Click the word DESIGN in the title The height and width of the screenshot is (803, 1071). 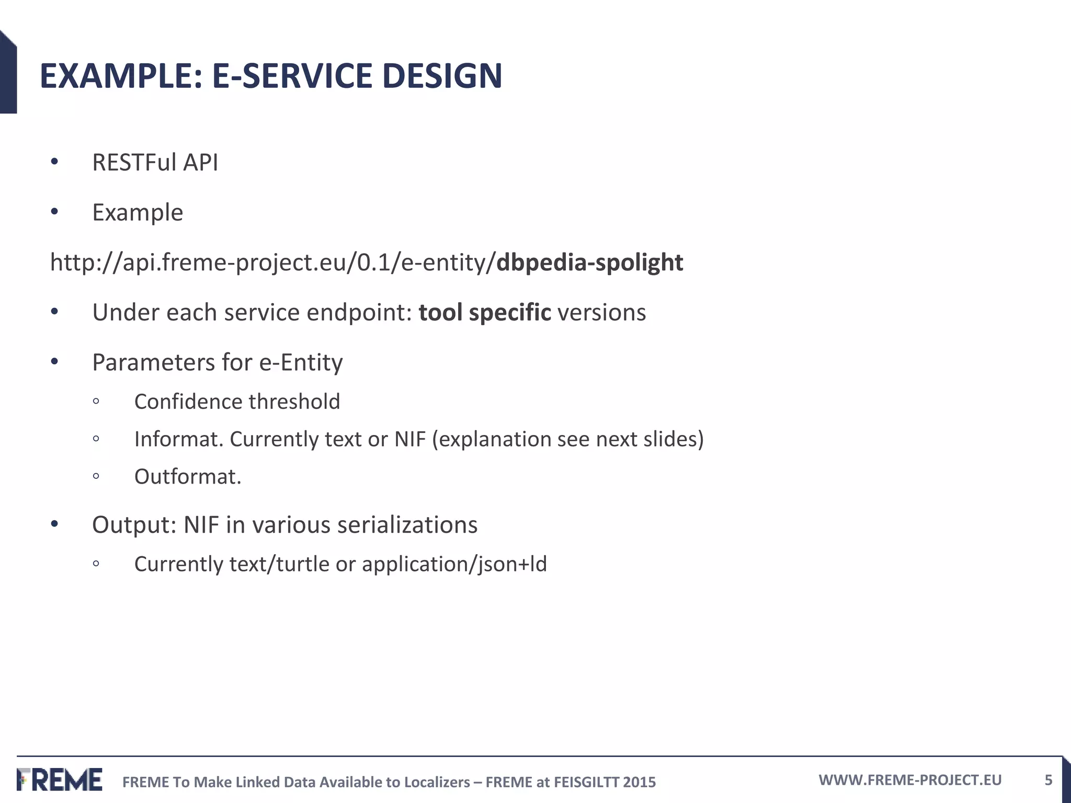(442, 76)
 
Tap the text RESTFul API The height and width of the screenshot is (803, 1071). (155, 163)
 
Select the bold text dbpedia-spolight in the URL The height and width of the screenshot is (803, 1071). (589, 262)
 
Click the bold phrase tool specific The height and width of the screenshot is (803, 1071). (485, 313)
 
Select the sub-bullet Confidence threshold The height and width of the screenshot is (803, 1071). (237, 402)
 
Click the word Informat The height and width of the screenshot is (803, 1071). (178, 439)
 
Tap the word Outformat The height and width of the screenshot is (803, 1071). (187, 477)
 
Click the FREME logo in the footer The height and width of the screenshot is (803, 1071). (60, 780)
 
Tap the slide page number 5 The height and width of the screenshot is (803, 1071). (1048, 781)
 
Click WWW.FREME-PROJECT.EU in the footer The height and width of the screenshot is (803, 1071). (910, 780)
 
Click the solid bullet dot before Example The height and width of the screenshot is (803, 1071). (54, 212)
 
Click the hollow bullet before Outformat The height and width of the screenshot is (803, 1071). (96, 476)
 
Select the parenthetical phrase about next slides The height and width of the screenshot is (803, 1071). (568, 439)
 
